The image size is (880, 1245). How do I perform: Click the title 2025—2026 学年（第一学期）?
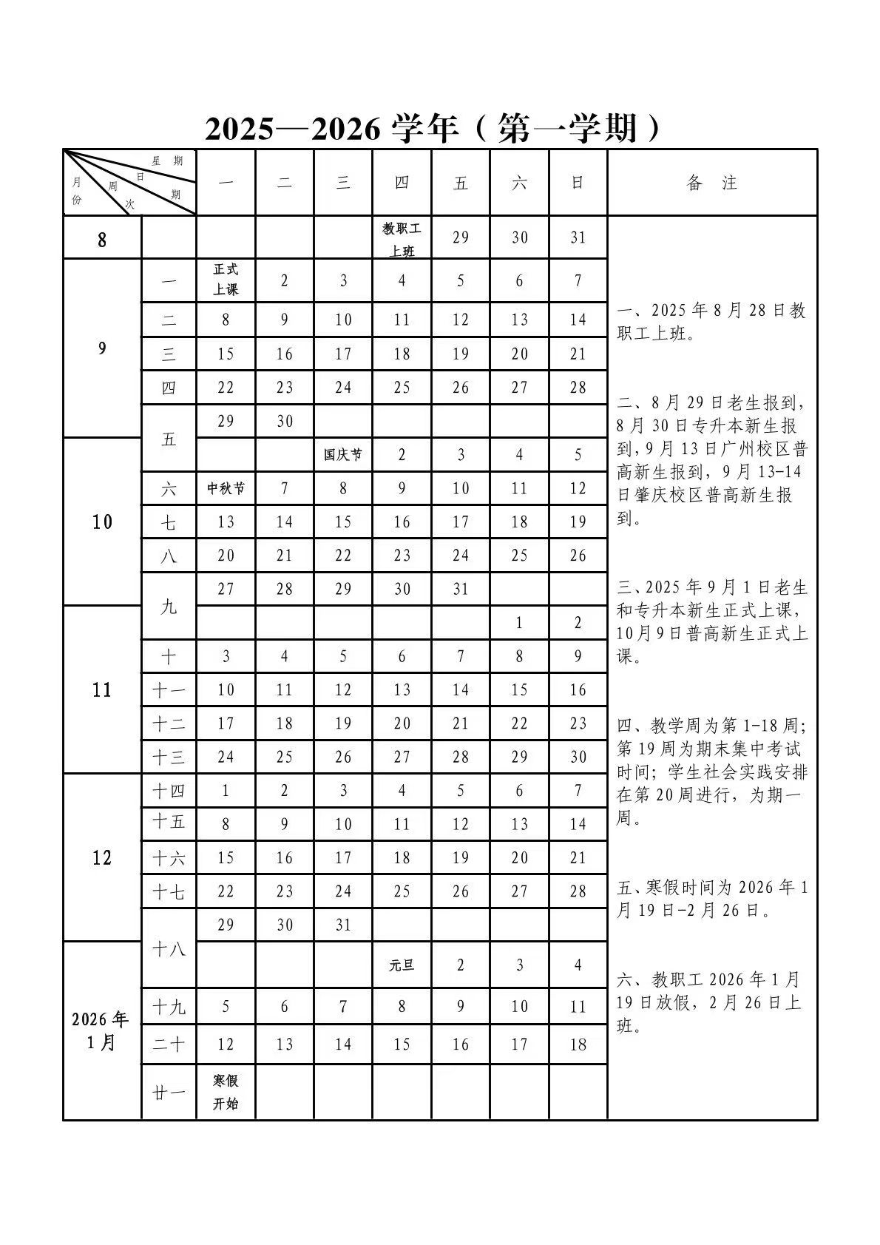(433, 128)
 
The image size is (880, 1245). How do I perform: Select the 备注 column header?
(711, 183)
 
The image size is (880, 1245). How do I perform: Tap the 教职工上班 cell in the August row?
(402, 238)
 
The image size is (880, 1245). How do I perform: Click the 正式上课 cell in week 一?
(226, 280)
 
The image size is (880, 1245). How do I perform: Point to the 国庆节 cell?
(343, 454)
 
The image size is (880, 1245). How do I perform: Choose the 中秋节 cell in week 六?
(226, 488)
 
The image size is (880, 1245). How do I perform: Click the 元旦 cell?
(402, 965)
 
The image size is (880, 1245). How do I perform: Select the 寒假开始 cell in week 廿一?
(226, 1092)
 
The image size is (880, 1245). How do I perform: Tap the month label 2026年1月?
(101, 1030)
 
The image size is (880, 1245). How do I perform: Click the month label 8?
(101, 239)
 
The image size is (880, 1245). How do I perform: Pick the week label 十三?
(169, 757)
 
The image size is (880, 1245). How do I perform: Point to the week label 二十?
(169, 1045)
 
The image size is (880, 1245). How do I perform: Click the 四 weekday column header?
(402, 183)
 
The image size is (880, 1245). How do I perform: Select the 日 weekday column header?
(578, 183)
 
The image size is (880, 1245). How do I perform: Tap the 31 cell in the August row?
(578, 237)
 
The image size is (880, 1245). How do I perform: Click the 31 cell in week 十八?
(343, 925)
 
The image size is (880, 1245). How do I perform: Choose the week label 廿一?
(169, 1092)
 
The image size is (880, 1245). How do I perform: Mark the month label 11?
(101, 690)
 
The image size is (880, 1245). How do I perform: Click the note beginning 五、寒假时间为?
(711, 898)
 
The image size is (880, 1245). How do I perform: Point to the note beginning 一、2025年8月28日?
(711, 322)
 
